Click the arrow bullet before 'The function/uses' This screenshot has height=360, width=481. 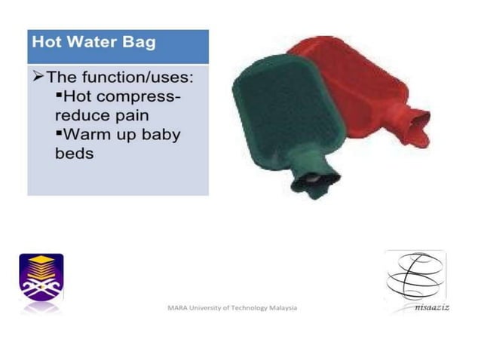38,78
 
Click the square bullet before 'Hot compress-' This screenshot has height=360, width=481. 60,95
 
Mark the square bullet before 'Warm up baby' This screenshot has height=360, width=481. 60,133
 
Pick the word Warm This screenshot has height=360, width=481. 88,136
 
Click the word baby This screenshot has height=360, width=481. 162,136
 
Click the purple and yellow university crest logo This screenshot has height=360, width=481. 41,277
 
